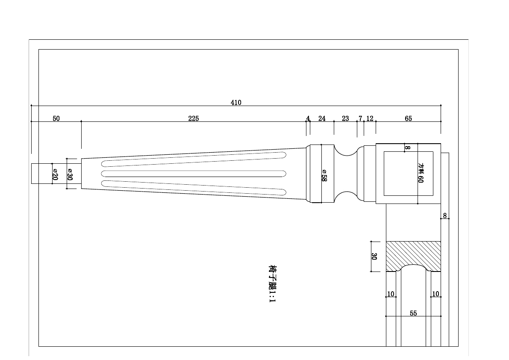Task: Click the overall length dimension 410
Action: (236, 103)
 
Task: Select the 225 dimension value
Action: (194, 118)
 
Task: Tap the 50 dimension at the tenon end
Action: (56, 118)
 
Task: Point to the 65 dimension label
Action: (409, 118)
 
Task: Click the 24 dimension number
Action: (322, 118)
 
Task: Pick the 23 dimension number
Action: (345, 118)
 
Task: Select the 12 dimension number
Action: (370, 118)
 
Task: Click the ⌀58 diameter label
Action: (324, 175)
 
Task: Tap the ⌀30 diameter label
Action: (70, 174)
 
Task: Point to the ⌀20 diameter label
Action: (55, 174)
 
